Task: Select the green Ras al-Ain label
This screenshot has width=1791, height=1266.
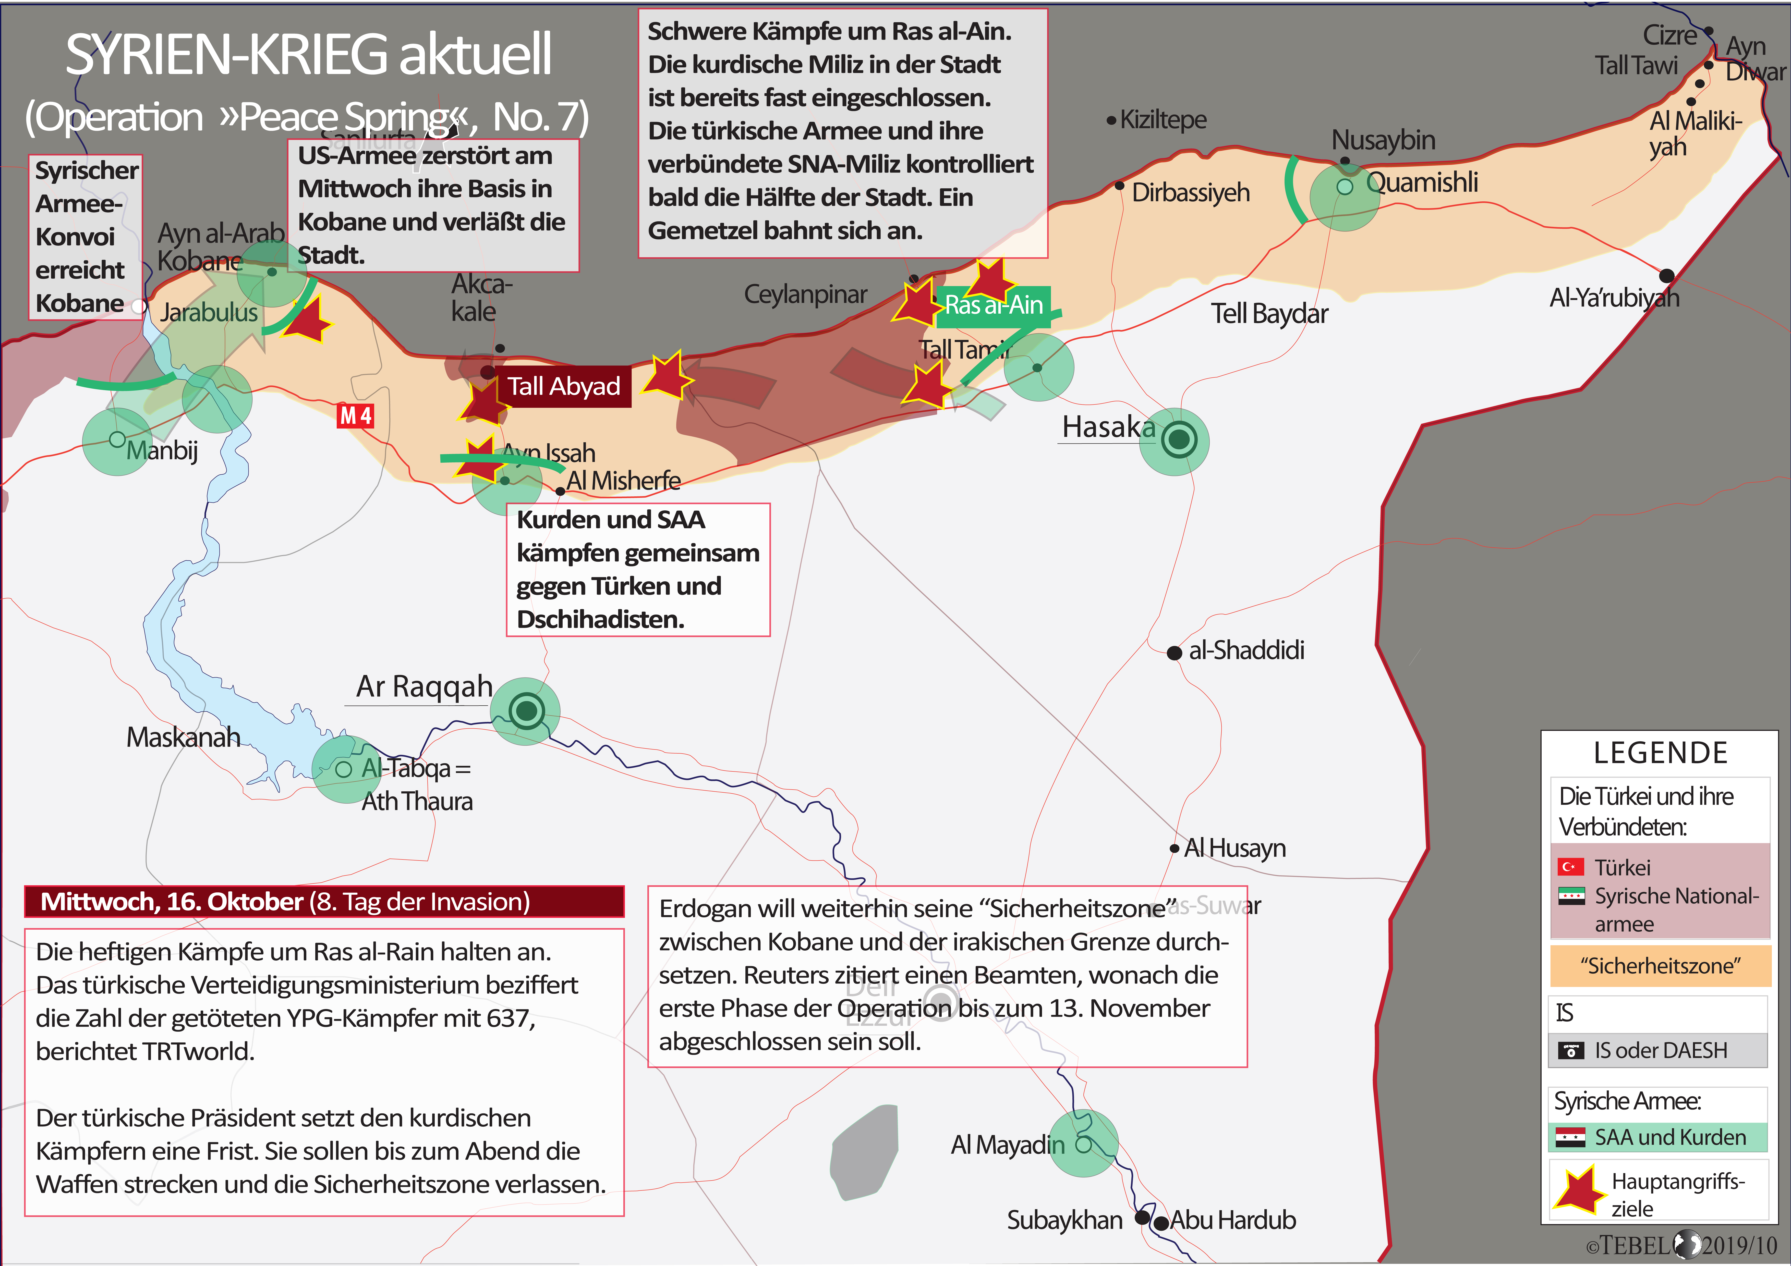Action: (994, 305)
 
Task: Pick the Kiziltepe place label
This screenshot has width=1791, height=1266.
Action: (1162, 119)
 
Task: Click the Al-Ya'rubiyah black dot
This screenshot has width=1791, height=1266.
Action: (1666, 275)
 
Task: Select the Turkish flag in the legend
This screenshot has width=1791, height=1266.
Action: (1570, 867)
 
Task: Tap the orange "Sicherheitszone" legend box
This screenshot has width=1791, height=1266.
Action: (1660, 966)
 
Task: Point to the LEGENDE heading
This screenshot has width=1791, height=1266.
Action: (1660, 753)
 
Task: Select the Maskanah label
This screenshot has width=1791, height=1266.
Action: (183, 737)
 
